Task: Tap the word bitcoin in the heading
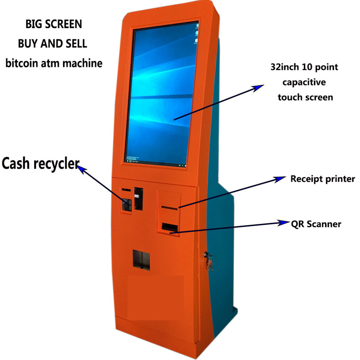click(x=21, y=63)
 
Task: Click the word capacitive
click(x=304, y=82)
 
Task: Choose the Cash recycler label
click(x=40, y=164)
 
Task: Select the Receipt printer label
click(x=322, y=179)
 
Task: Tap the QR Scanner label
click(x=316, y=224)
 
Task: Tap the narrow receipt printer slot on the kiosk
click(x=169, y=207)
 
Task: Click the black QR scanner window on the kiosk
click(x=169, y=226)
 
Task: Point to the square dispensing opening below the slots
click(x=141, y=260)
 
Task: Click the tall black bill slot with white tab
click(x=139, y=198)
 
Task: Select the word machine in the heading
click(x=82, y=63)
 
